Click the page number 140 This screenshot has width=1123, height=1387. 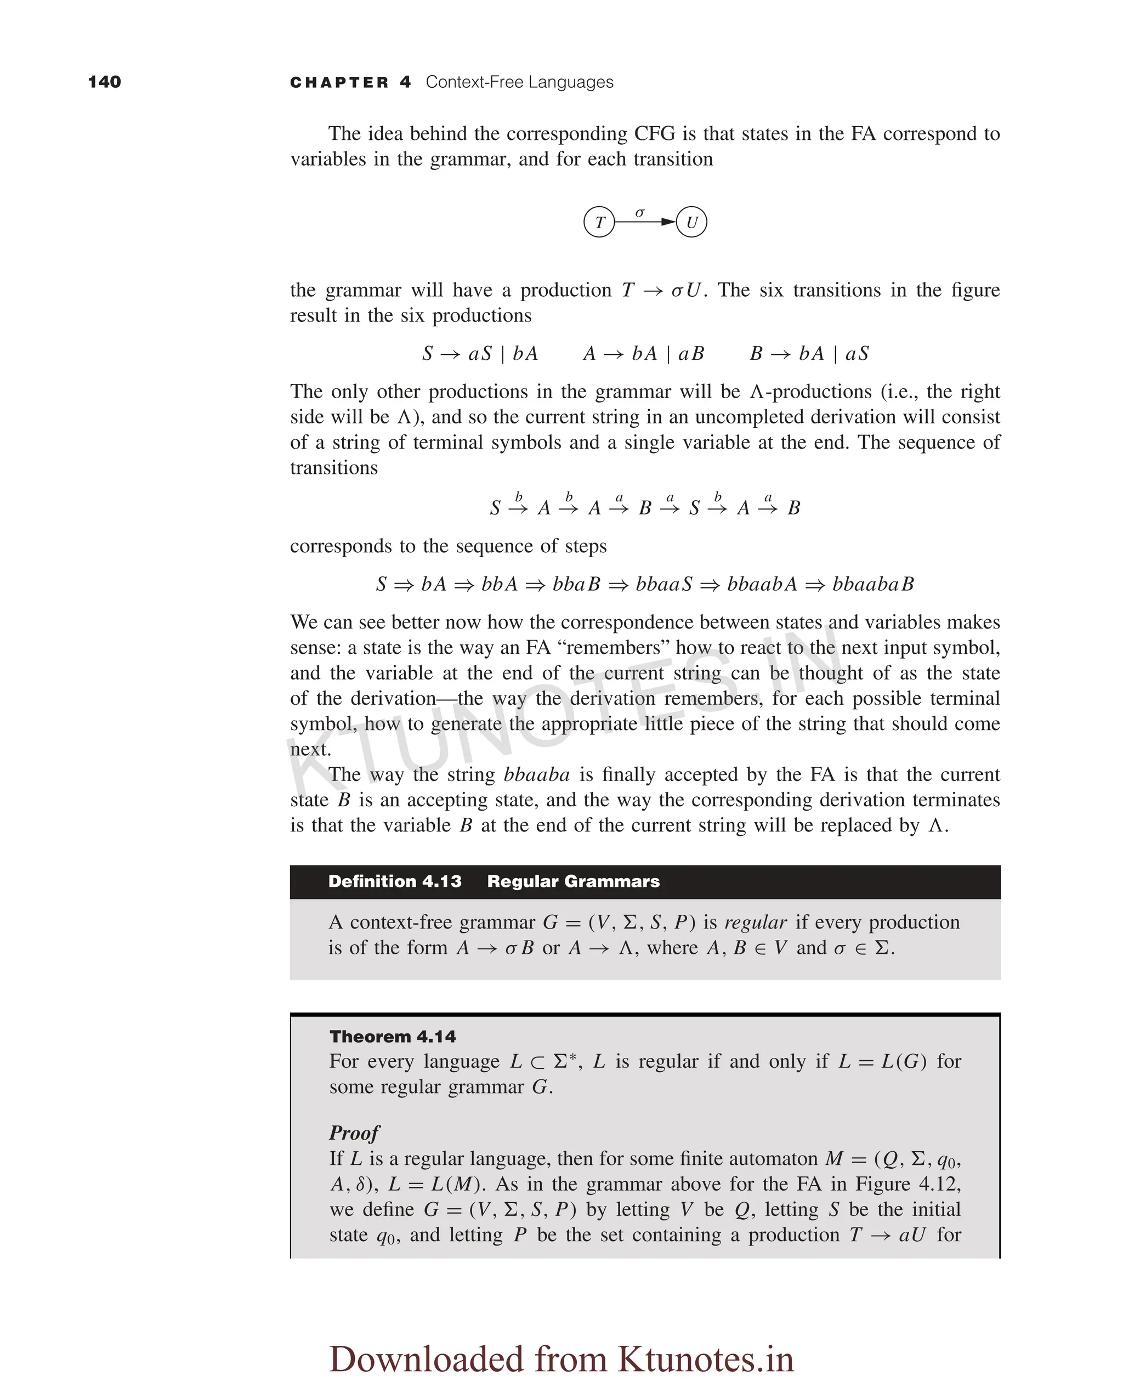pyautogui.click(x=104, y=82)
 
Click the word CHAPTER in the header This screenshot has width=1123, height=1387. pyautogui.click(x=339, y=82)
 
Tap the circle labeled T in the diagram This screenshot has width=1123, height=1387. pyautogui.click(x=599, y=222)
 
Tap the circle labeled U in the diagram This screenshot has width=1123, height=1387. pyautogui.click(x=691, y=222)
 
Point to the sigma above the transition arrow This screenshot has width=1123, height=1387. pyautogui.click(x=640, y=212)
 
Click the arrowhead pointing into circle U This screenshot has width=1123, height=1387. pyautogui.click(x=668, y=222)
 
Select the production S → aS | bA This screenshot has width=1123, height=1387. pyautogui.click(x=480, y=353)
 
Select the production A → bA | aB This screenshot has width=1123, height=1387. pyautogui.click(x=643, y=353)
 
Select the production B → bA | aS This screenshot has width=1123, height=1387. pyautogui.click(x=809, y=353)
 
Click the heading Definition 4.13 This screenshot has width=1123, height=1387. pyautogui.click(x=395, y=881)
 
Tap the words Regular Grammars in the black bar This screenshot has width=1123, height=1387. pyautogui.click(x=573, y=881)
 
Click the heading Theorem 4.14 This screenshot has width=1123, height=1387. pyautogui.click(x=393, y=1037)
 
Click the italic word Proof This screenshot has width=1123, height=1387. pyautogui.click(x=354, y=1133)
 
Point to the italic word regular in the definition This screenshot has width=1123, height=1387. pyautogui.click(x=756, y=922)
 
